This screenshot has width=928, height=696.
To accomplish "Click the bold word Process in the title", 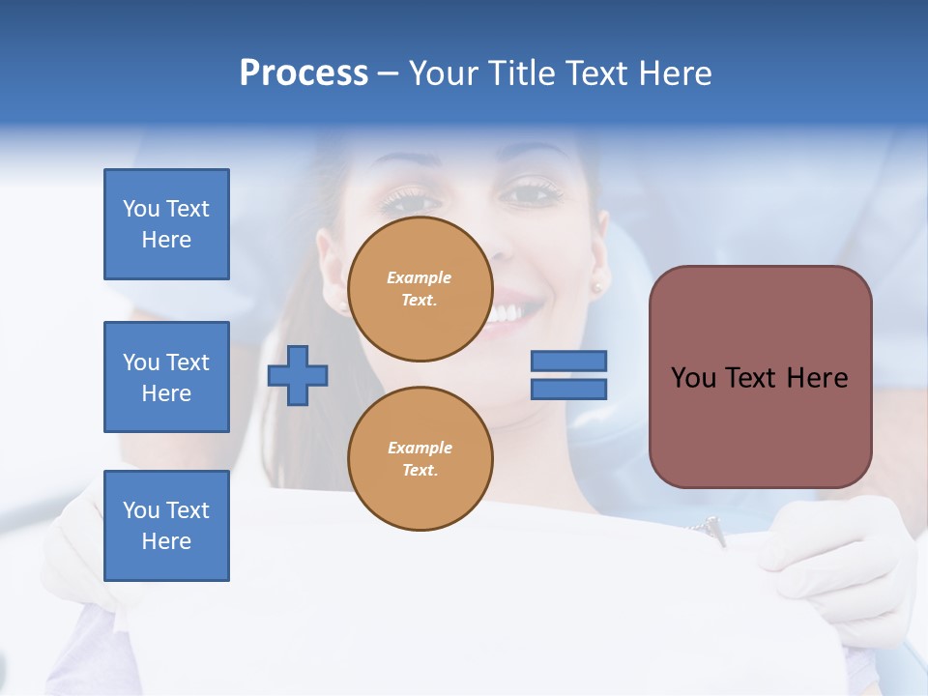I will pos(304,73).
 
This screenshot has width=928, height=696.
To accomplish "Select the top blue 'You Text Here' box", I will pos(166,224).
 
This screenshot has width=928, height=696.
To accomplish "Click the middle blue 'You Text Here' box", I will pos(166,377).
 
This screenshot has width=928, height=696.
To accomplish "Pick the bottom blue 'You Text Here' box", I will pos(166,526).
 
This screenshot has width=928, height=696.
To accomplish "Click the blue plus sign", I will pos(298,375).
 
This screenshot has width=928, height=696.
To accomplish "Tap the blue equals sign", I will pos(568,375).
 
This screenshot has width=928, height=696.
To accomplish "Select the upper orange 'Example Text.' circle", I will pos(420,289).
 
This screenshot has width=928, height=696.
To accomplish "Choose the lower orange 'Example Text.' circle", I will pos(420,458).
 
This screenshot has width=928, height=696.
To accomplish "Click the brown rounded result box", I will pos(760,377).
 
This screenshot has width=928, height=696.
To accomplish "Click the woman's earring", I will pos(596,287).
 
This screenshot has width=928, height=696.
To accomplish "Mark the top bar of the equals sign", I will pos(568,361).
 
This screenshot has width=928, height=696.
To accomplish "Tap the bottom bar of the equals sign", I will pos(568,390).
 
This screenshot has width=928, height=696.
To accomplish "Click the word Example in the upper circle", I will pos(419,277).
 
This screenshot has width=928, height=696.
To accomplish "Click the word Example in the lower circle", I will pos(420,448).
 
